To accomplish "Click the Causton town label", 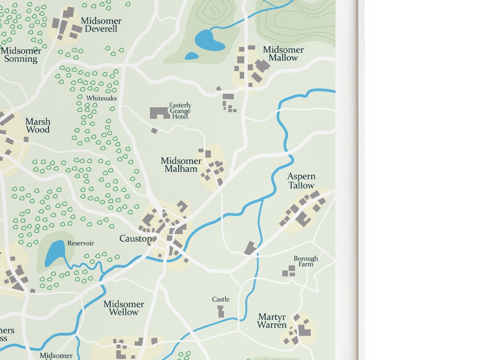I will click(135, 239).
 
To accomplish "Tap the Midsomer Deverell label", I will click(101, 25).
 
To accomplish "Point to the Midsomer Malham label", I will click(181, 165).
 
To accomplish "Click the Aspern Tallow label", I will click(301, 181).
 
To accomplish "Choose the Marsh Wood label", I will click(37, 125).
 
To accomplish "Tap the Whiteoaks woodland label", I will click(101, 98).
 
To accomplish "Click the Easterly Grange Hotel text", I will click(180, 111).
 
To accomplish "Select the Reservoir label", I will click(80, 243).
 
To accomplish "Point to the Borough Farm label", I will click(306, 261).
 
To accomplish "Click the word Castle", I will click(221, 299).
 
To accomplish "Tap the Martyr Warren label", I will click(272, 321).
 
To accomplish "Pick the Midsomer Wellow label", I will click(124, 308).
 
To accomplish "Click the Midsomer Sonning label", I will click(21, 55).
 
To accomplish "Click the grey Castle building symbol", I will click(221, 312).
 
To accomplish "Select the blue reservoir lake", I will click(55, 253).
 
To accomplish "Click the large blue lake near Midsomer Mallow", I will click(208, 40).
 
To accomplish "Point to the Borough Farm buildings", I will click(289, 271).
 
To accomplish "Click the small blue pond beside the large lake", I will click(192, 56).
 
